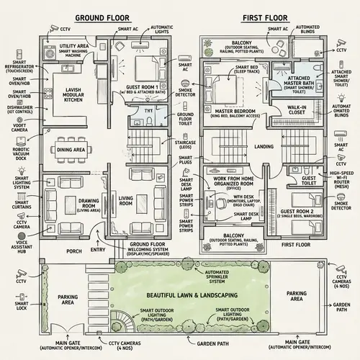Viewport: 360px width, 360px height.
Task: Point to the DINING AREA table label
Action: coord(71,150)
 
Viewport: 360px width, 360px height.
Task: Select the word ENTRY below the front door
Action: coord(99,251)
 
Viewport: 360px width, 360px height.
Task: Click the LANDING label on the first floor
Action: coord(264,147)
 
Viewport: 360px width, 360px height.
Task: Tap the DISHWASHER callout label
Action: coord(22,107)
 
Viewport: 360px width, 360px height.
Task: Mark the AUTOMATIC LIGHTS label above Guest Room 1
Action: coord(161,30)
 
